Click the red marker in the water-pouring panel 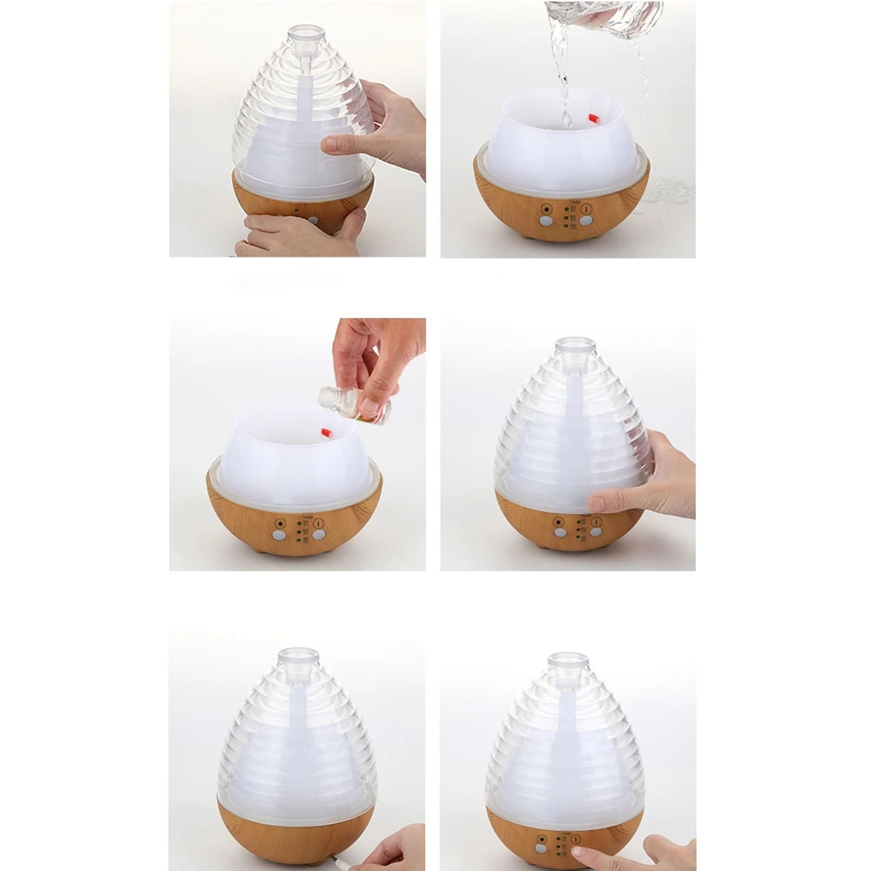[594, 118]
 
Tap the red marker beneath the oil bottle [327, 432]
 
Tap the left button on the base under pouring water [545, 221]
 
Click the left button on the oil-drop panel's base [279, 536]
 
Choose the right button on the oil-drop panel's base [319, 535]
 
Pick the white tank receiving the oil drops [292, 466]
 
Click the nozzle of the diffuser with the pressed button [567, 664]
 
